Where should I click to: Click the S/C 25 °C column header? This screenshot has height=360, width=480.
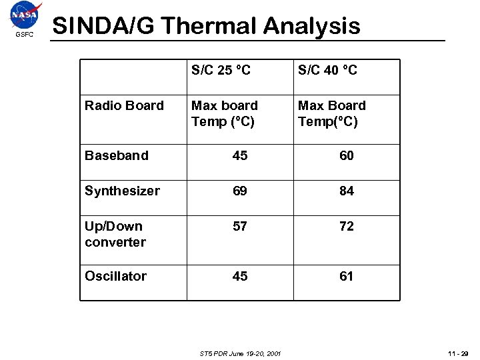[x=221, y=70]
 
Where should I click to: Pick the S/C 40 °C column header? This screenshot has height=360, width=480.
[x=327, y=70]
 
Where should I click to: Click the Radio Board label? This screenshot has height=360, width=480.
[x=124, y=105]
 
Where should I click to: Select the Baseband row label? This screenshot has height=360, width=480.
[x=117, y=155]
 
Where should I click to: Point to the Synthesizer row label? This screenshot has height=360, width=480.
[x=122, y=191]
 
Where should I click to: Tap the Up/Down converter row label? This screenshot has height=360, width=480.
[x=115, y=234]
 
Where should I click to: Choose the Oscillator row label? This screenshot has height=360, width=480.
[x=115, y=276]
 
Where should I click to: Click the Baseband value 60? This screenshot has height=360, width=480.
[x=347, y=155]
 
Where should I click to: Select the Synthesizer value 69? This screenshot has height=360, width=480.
[x=240, y=191]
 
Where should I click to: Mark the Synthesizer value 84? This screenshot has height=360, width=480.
[x=347, y=191]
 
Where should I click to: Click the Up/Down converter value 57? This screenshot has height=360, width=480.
[x=240, y=226]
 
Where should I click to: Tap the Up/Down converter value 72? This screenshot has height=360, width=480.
[x=347, y=226]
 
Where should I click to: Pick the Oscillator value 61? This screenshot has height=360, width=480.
[x=347, y=276]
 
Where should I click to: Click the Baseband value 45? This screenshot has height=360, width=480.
[x=240, y=155]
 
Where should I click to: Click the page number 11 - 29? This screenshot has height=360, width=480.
[x=459, y=353]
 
